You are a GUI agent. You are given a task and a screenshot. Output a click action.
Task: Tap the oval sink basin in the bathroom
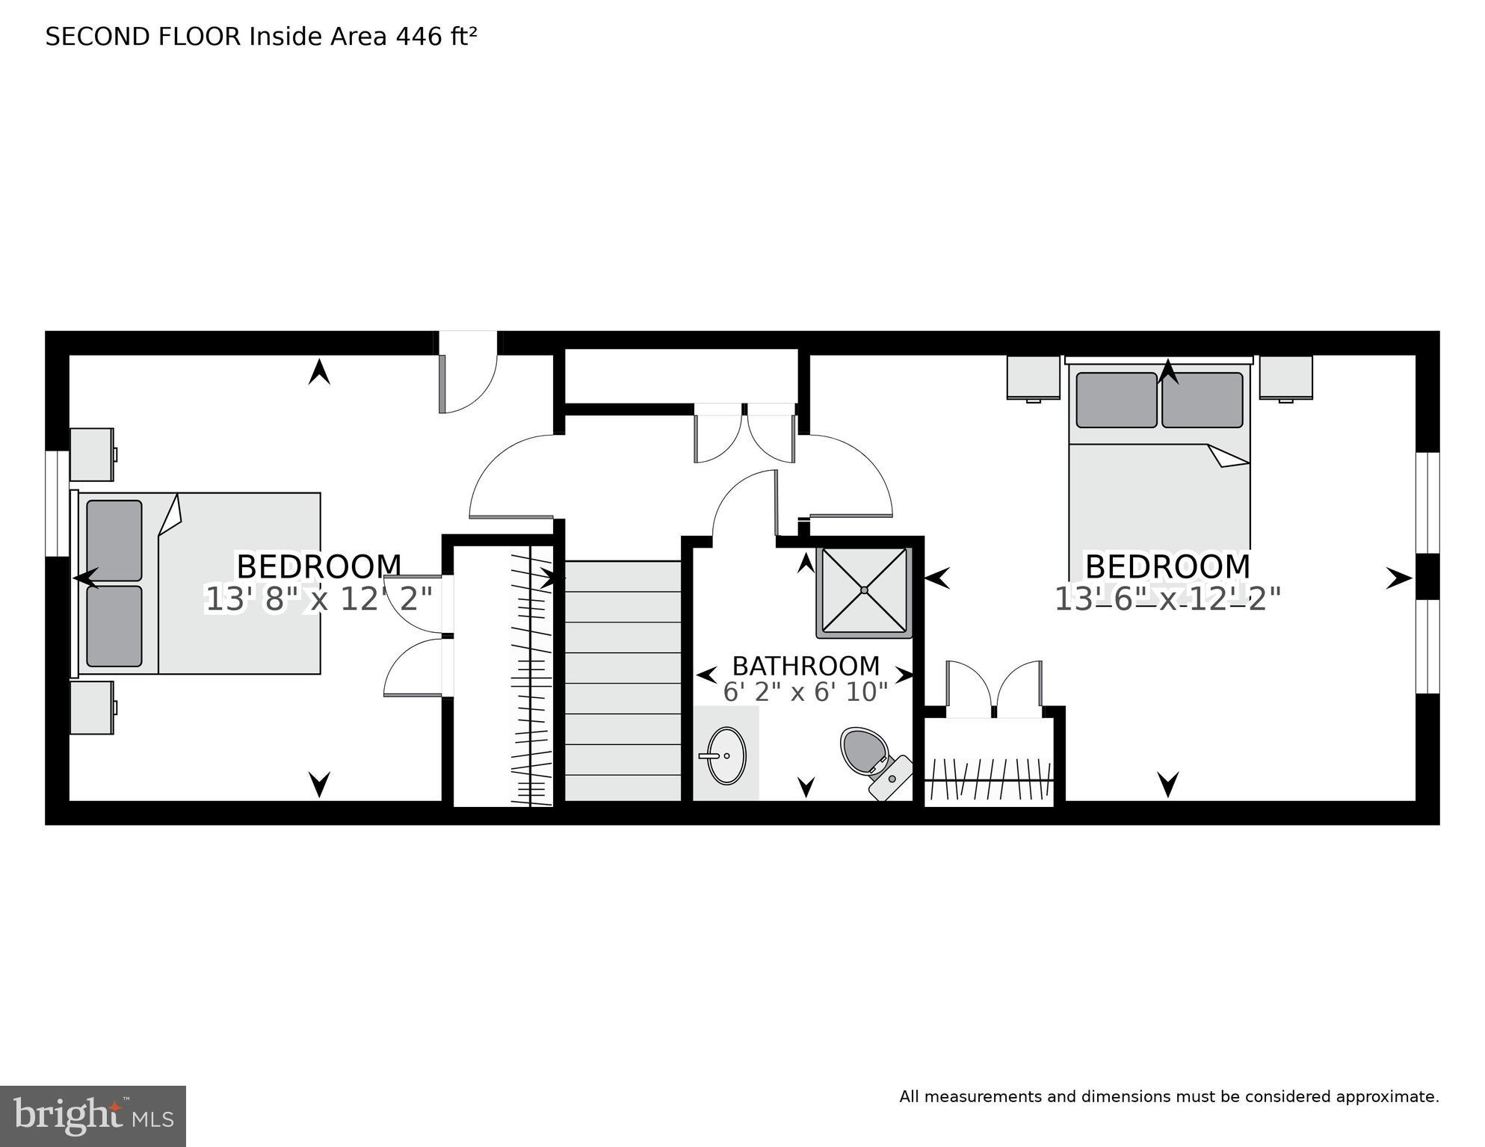tap(726, 755)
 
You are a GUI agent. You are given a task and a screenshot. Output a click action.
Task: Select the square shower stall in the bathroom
tap(864, 591)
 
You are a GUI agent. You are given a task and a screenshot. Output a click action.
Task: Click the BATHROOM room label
tap(805, 666)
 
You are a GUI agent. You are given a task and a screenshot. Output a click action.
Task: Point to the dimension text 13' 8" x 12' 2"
tap(319, 599)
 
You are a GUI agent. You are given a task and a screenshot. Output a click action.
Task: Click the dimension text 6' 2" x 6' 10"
tap(805, 693)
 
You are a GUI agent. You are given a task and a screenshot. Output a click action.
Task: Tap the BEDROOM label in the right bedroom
tap(1167, 566)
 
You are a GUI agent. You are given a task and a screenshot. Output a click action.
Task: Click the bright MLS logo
tap(93, 1116)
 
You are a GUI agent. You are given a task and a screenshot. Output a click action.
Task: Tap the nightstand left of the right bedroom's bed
tap(1033, 377)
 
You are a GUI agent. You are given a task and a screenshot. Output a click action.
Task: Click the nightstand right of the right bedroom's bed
tap(1285, 377)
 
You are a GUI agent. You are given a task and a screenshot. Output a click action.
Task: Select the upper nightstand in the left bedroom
tap(92, 454)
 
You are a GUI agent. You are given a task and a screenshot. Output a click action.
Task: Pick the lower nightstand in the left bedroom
tap(92, 707)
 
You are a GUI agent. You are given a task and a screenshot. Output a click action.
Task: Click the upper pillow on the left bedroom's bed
tap(114, 540)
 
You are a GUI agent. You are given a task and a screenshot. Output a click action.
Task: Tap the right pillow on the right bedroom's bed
tap(1202, 400)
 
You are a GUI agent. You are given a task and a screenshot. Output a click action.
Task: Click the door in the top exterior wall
tap(468, 371)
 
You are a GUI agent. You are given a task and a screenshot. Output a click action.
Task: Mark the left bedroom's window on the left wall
tap(57, 504)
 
